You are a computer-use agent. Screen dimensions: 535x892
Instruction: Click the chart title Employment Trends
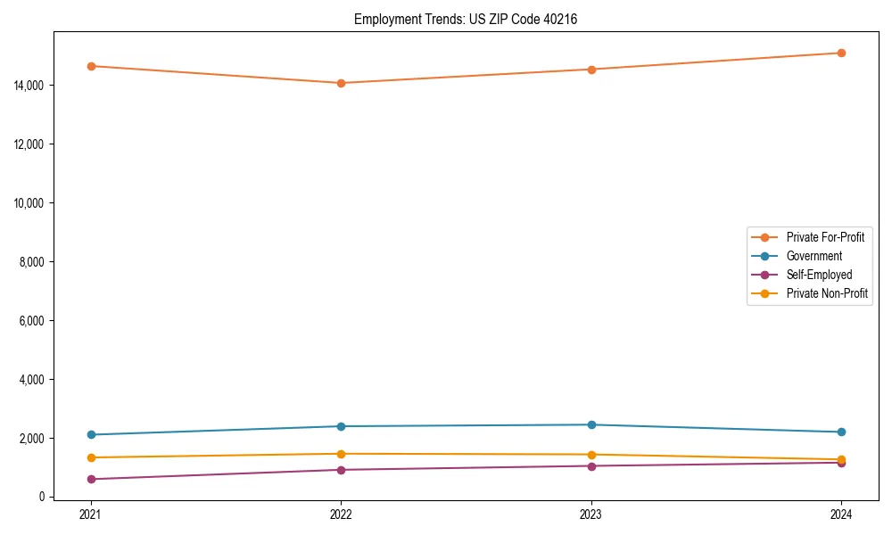coord(466,19)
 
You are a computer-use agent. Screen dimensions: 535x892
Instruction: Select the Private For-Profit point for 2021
coord(90,66)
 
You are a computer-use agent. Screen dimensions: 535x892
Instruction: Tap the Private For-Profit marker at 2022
coord(341,83)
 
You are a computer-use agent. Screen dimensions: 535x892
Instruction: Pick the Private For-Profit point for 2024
coord(841,53)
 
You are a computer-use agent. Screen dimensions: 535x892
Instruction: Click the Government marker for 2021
coord(90,435)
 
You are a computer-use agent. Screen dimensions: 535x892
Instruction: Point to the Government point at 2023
coord(591,424)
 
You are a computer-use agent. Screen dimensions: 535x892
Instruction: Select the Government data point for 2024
coord(841,432)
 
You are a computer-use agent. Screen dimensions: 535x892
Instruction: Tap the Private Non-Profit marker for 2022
coord(341,454)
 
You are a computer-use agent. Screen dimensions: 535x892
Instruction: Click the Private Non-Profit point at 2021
coord(90,457)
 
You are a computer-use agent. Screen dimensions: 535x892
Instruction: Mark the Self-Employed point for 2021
coord(90,480)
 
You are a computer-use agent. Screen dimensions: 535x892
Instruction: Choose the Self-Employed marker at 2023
coord(591,465)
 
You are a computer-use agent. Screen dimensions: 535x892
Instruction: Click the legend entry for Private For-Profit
coord(824,237)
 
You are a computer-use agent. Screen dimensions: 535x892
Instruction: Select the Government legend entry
coord(814,256)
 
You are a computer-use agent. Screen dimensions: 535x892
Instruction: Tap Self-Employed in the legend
coord(819,275)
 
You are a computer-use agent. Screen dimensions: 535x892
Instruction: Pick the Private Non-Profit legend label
coord(827,293)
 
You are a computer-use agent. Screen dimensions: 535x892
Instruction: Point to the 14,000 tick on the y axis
coord(31,86)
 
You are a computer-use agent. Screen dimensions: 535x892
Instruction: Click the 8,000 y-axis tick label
coord(34,262)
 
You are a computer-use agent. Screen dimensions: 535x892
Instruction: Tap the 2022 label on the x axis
coord(341,514)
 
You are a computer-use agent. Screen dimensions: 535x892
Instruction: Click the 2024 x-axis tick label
coord(841,514)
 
